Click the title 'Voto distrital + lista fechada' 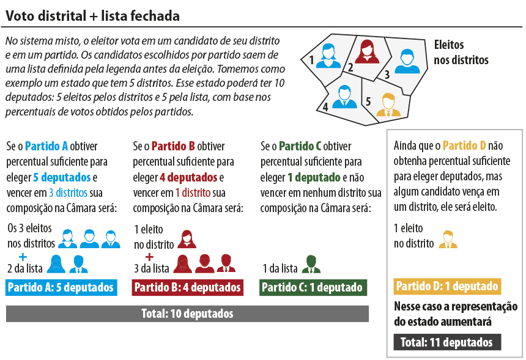point(92,15)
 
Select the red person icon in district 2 point(367,51)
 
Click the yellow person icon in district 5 point(387,105)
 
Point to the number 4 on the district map point(325,106)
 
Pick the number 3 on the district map point(387,74)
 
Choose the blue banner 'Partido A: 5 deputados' point(62,287)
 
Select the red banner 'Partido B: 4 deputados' point(188,287)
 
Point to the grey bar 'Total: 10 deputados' point(187,314)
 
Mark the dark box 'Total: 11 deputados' point(446,342)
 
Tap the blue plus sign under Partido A point(23,255)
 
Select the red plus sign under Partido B point(149,255)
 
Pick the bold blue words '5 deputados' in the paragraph point(61,177)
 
